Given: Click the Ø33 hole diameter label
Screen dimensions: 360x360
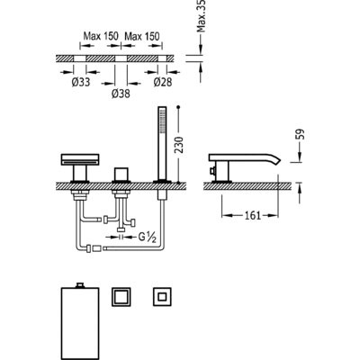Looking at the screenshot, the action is pyautogui.click(x=81, y=82).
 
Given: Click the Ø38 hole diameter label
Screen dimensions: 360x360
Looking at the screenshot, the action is pyautogui.click(x=121, y=94).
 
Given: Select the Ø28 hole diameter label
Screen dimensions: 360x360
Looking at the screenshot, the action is pyautogui.click(x=163, y=82).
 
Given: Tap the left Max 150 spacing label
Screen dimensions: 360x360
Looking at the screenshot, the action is pyautogui.click(x=101, y=37).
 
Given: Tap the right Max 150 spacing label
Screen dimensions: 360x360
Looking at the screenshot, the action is pyautogui.click(x=142, y=37).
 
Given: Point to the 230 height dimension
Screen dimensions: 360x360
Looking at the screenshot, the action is pyautogui.click(x=178, y=145).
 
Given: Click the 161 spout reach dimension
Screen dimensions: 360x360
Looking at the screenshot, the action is pyautogui.click(x=253, y=215).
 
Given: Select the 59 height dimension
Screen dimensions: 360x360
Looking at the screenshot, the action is pyautogui.click(x=300, y=134).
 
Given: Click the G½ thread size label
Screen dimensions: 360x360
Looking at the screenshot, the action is pyautogui.click(x=147, y=237).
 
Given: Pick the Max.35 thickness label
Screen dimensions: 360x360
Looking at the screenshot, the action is pyautogui.click(x=202, y=15).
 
